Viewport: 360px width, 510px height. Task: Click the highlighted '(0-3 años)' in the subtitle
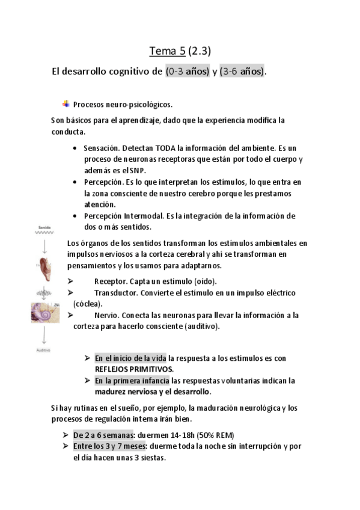coord(187,72)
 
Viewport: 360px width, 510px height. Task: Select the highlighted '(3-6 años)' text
coord(242,72)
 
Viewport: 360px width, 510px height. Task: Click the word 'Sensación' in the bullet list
coord(100,147)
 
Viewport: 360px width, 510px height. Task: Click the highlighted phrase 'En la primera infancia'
coord(132,380)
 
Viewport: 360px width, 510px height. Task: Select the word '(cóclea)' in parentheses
coord(88,304)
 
